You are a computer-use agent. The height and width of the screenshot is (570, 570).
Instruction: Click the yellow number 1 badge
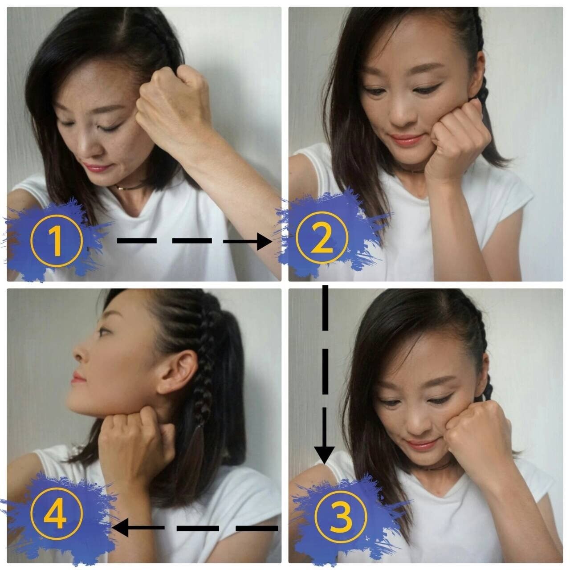pyautogui.click(x=56, y=240)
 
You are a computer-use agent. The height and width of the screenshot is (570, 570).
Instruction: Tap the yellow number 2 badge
pyautogui.click(x=322, y=237)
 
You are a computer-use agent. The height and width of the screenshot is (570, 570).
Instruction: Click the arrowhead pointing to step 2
pyautogui.click(x=264, y=241)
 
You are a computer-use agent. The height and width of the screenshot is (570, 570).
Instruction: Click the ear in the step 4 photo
pyautogui.click(x=174, y=374)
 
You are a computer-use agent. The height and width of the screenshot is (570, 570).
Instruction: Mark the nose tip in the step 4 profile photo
pyautogui.click(x=74, y=351)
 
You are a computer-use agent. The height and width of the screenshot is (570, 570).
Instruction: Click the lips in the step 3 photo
pyautogui.click(x=419, y=444)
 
